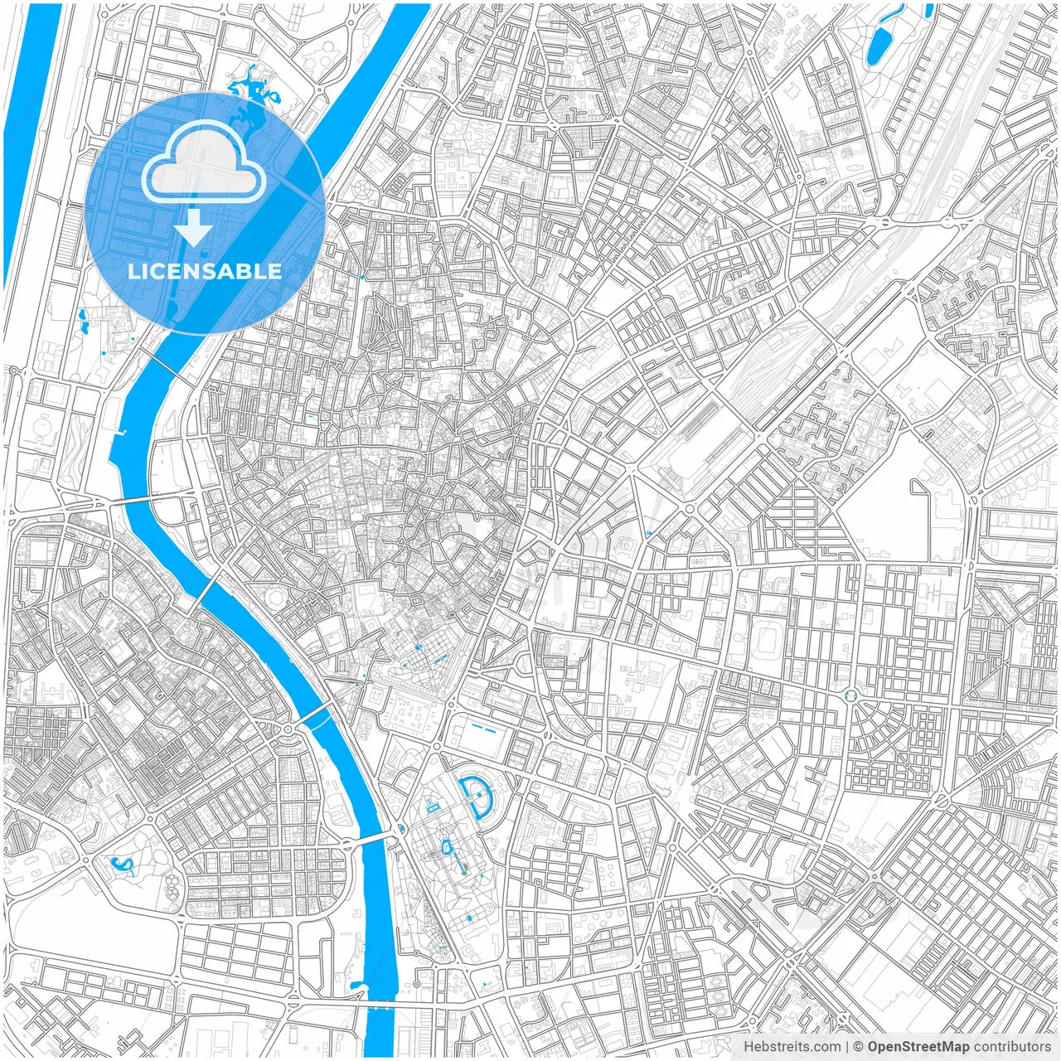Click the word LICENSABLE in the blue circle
(204, 271)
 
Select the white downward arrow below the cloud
(194, 228)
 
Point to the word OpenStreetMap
(918, 1046)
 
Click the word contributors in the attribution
(1012, 1046)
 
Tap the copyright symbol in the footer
(859, 1046)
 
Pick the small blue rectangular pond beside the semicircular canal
(431, 806)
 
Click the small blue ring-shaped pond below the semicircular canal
(448, 847)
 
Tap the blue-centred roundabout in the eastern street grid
(850, 695)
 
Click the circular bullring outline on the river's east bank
(273, 598)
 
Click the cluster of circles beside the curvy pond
(172, 887)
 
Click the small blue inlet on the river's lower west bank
(357, 986)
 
